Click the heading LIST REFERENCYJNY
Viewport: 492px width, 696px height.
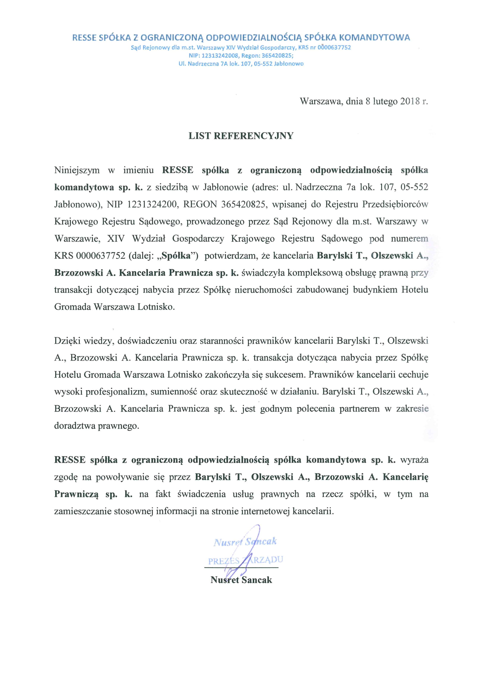[241, 136]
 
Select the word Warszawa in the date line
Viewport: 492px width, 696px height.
[321, 101]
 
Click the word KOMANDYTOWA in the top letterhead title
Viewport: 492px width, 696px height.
[374, 38]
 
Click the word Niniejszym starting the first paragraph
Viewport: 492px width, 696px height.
[77, 170]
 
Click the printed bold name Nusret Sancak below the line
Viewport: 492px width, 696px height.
[241, 580]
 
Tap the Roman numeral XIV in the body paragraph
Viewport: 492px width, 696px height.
[115, 239]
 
